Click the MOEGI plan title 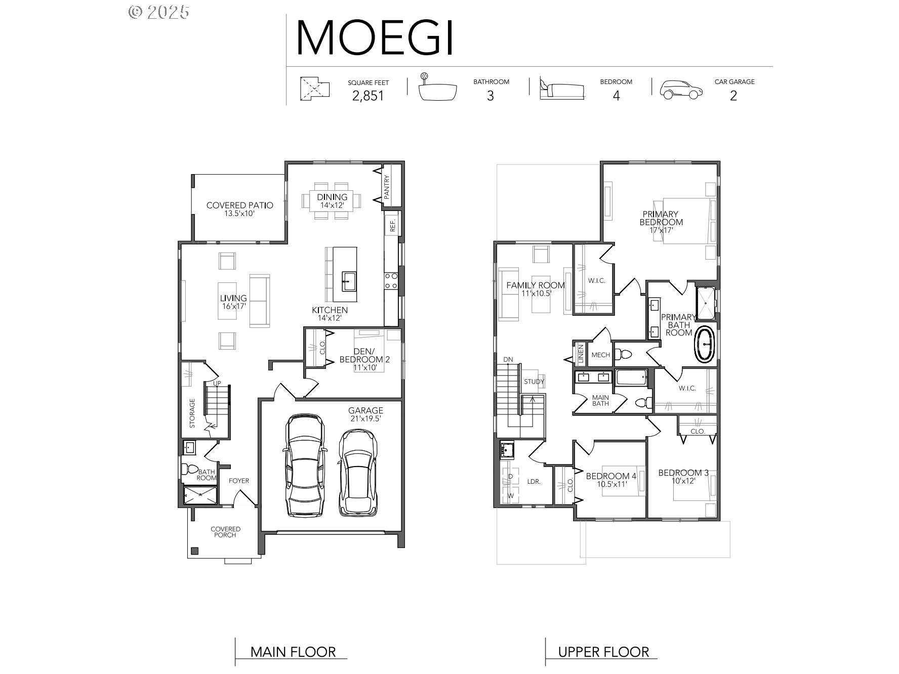coord(375,37)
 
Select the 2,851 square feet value coord(368,96)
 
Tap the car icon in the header coord(681,89)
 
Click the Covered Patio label coord(239,205)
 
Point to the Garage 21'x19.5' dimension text coord(365,419)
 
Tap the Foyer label coord(239,481)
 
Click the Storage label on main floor coord(192,413)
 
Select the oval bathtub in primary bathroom coord(705,344)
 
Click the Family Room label coord(536,285)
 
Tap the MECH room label coord(600,355)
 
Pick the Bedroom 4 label coord(611,476)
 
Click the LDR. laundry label coord(534,482)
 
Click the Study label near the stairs coord(534,382)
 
